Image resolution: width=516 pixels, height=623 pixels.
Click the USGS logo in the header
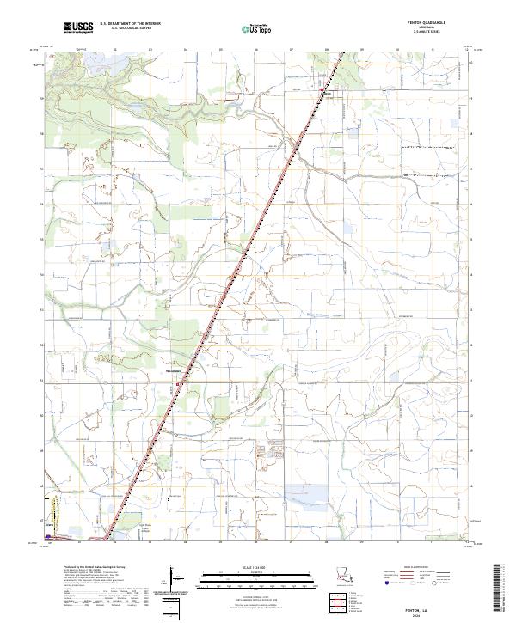click(x=78, y=29)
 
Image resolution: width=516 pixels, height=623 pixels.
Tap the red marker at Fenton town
click(x=322, y=91)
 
